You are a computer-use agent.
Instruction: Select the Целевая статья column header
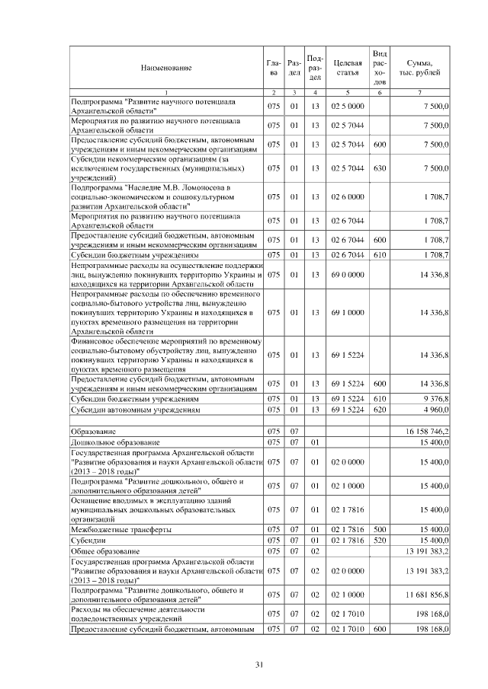348,68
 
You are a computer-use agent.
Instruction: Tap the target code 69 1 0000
348,312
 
